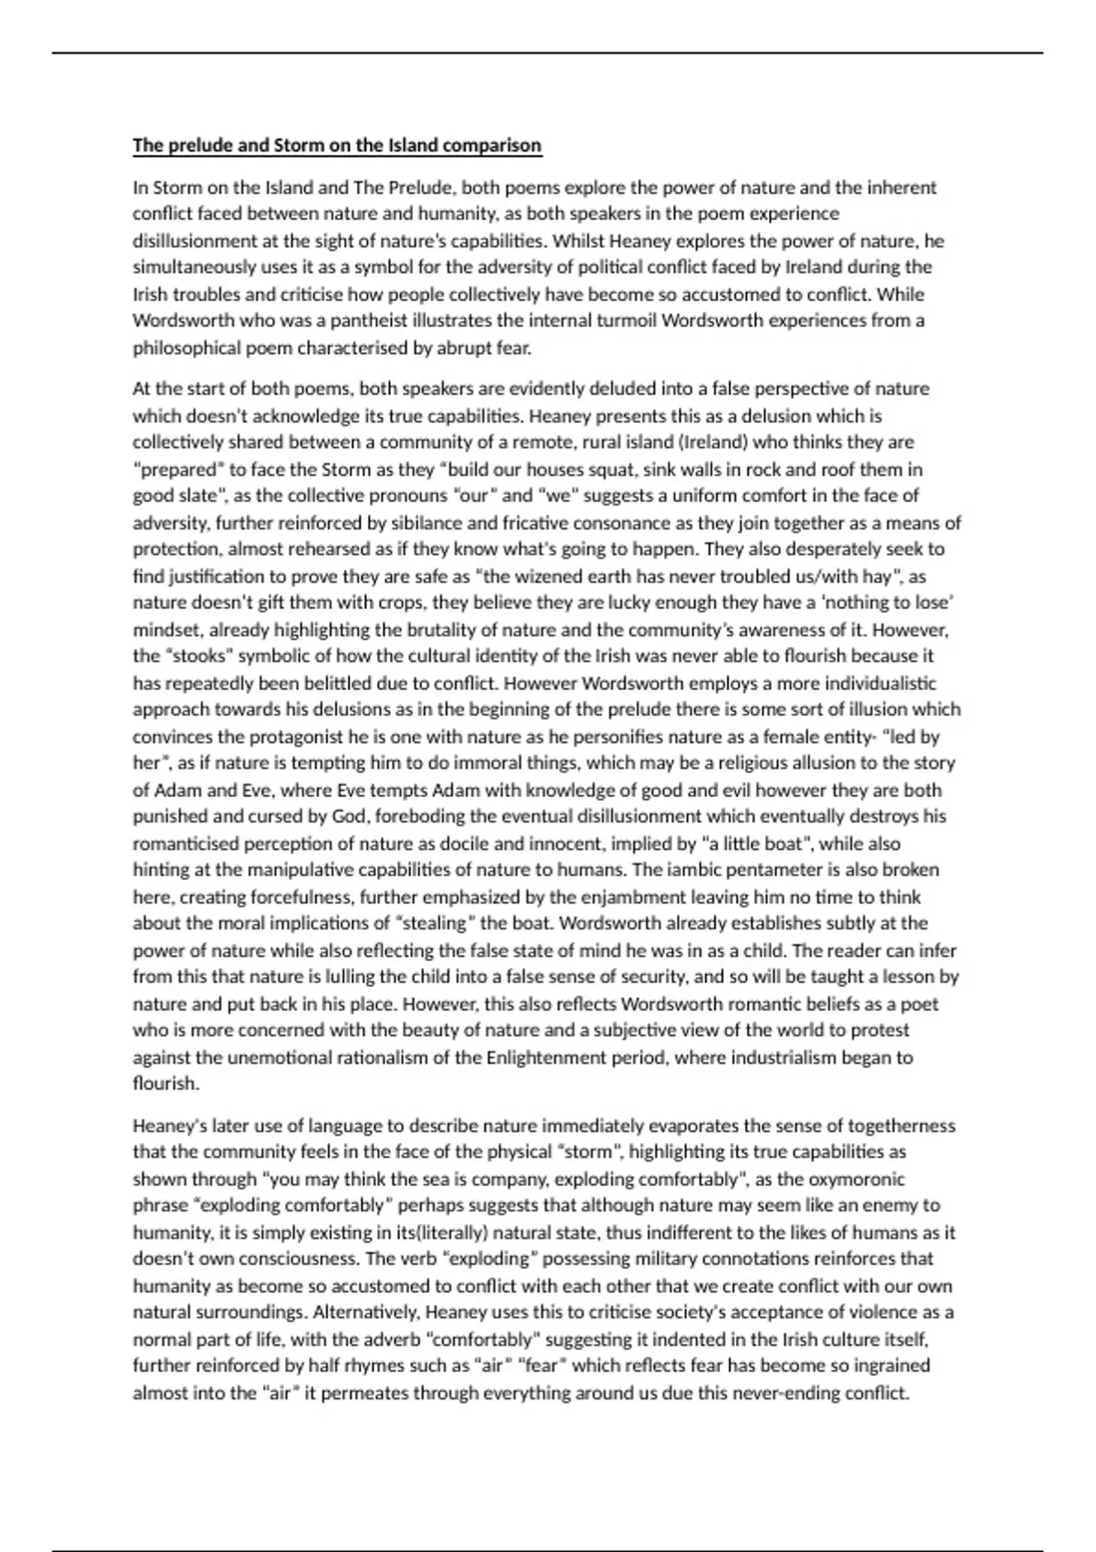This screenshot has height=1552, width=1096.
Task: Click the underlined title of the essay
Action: click(x=337, y=145)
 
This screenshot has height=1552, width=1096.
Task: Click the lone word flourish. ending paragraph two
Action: click(x=165, y=1084)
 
